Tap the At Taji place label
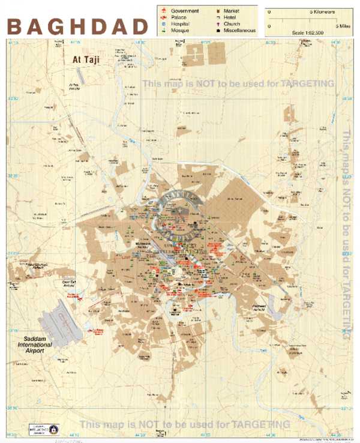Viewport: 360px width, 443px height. pos(85,60)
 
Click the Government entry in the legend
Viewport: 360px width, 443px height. pos(185,11)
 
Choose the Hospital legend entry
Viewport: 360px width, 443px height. pos(181,24)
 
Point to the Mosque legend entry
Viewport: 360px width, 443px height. pos(180,30)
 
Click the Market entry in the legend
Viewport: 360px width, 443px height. pos(231,11)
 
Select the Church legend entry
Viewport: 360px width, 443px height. pos(232,24)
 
